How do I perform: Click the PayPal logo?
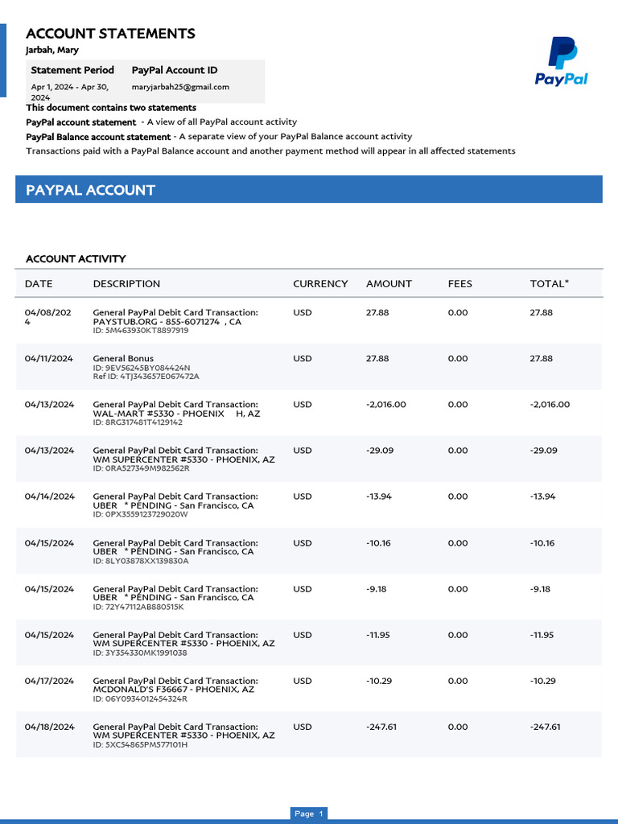click(562, 61)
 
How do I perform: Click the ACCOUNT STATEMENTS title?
click(110, 33)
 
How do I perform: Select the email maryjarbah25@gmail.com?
click(180, 87)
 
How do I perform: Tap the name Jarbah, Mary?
click(52, 50)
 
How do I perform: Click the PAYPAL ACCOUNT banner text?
click(90, 190)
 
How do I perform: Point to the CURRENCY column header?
click(320, 283)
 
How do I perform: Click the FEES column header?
click(460, 283)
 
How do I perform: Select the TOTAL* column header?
click(549, 283)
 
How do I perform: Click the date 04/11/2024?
click(49, 358)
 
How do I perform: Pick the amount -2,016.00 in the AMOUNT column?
click(385, 405)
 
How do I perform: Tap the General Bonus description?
click(123, 358)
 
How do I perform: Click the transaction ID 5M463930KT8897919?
click(141, 330)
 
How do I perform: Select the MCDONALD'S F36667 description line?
click(174, 690)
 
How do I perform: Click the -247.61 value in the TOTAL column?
click(545, 727)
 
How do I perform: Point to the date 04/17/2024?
click(49, 681)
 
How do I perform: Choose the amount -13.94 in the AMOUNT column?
click(379, 496)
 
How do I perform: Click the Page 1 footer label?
click(308, 814)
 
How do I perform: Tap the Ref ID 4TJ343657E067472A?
click(146, 376)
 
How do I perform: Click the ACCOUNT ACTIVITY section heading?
click(76, 258)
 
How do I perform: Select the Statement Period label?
click(72, 70)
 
